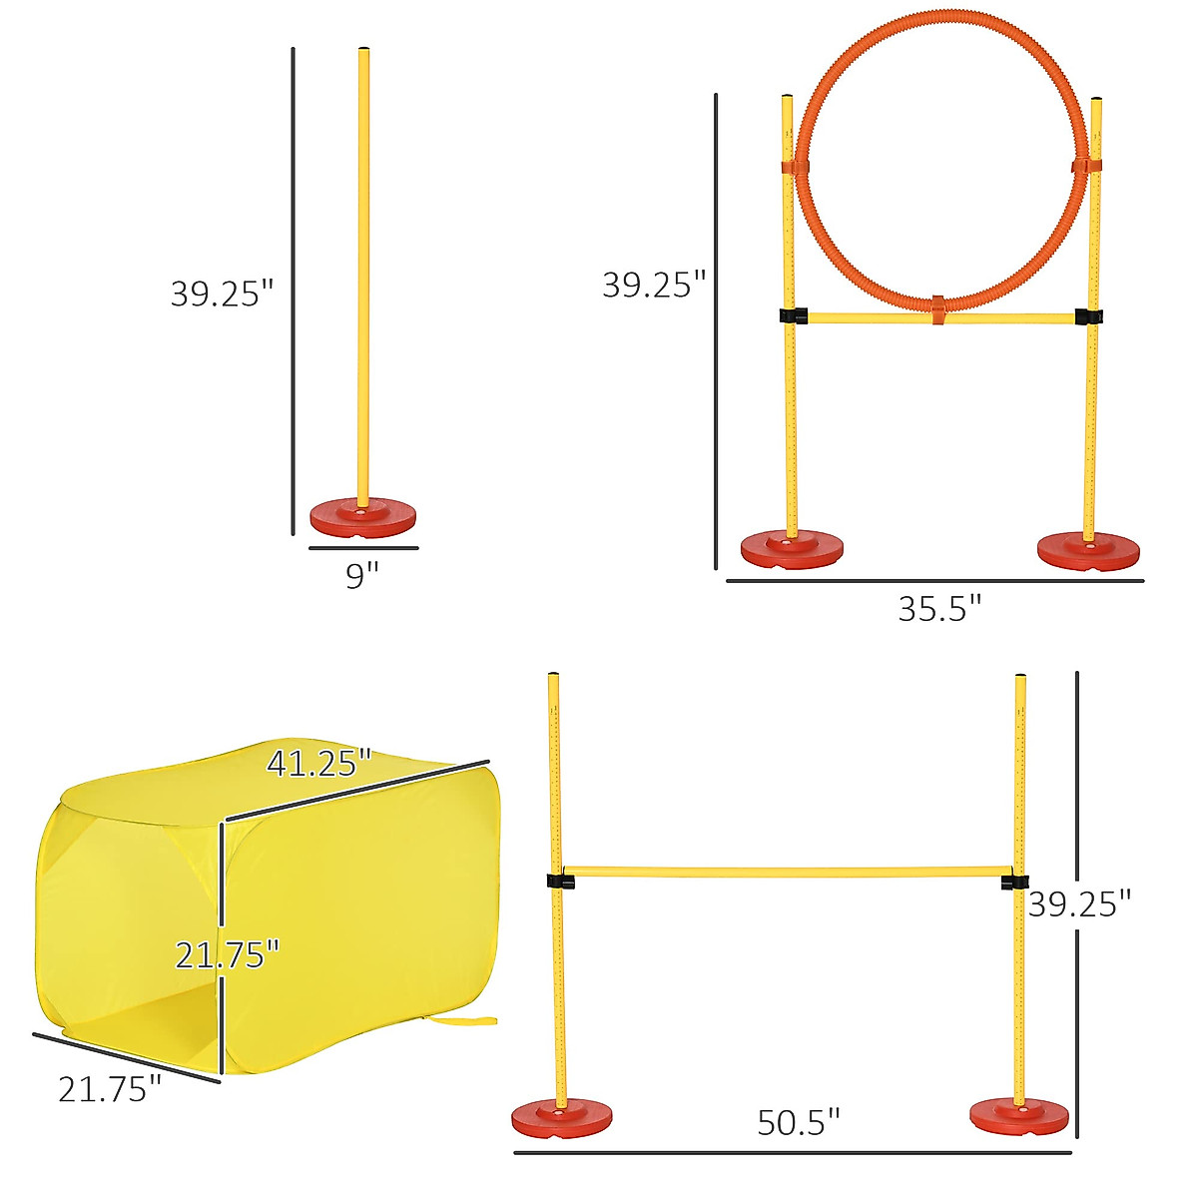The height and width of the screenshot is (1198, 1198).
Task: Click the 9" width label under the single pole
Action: point(362,576)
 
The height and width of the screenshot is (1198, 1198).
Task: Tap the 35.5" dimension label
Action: point(939,608)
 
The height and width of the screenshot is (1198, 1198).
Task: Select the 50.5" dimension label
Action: point(799,1122)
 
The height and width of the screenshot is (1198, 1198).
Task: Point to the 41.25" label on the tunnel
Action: point(318,764)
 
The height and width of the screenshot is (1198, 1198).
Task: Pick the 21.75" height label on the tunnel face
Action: point(227,955)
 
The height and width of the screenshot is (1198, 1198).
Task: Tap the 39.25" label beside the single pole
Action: point(222,294)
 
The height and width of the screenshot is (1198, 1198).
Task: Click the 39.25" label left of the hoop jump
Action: point(653,286)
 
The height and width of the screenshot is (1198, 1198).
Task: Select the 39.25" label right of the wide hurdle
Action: point(1080,904)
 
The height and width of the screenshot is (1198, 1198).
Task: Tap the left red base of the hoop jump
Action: point(792,549)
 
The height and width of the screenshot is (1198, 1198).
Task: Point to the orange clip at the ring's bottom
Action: point(937,309)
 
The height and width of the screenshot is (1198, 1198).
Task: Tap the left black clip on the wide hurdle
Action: point(560,882)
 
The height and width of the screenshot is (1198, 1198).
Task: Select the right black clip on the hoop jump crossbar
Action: point(1088,316)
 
